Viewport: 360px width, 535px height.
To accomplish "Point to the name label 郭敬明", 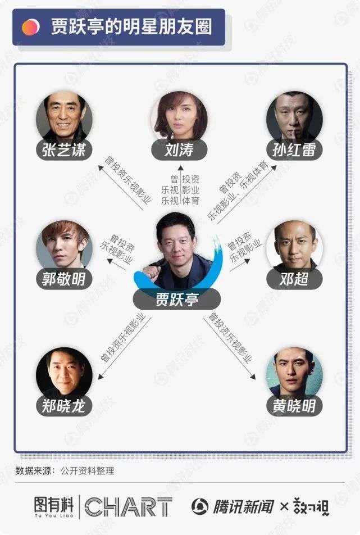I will point(64,278).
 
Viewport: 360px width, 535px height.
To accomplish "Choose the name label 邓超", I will point(294,278).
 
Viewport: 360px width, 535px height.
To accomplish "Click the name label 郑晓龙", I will point(64,406).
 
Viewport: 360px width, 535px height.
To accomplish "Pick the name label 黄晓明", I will point(294,406).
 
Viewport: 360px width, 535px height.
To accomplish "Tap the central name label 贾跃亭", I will point(176,299).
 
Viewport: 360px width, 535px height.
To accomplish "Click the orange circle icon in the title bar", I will point(30,27).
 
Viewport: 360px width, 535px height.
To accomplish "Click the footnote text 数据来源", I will point(33,471).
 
